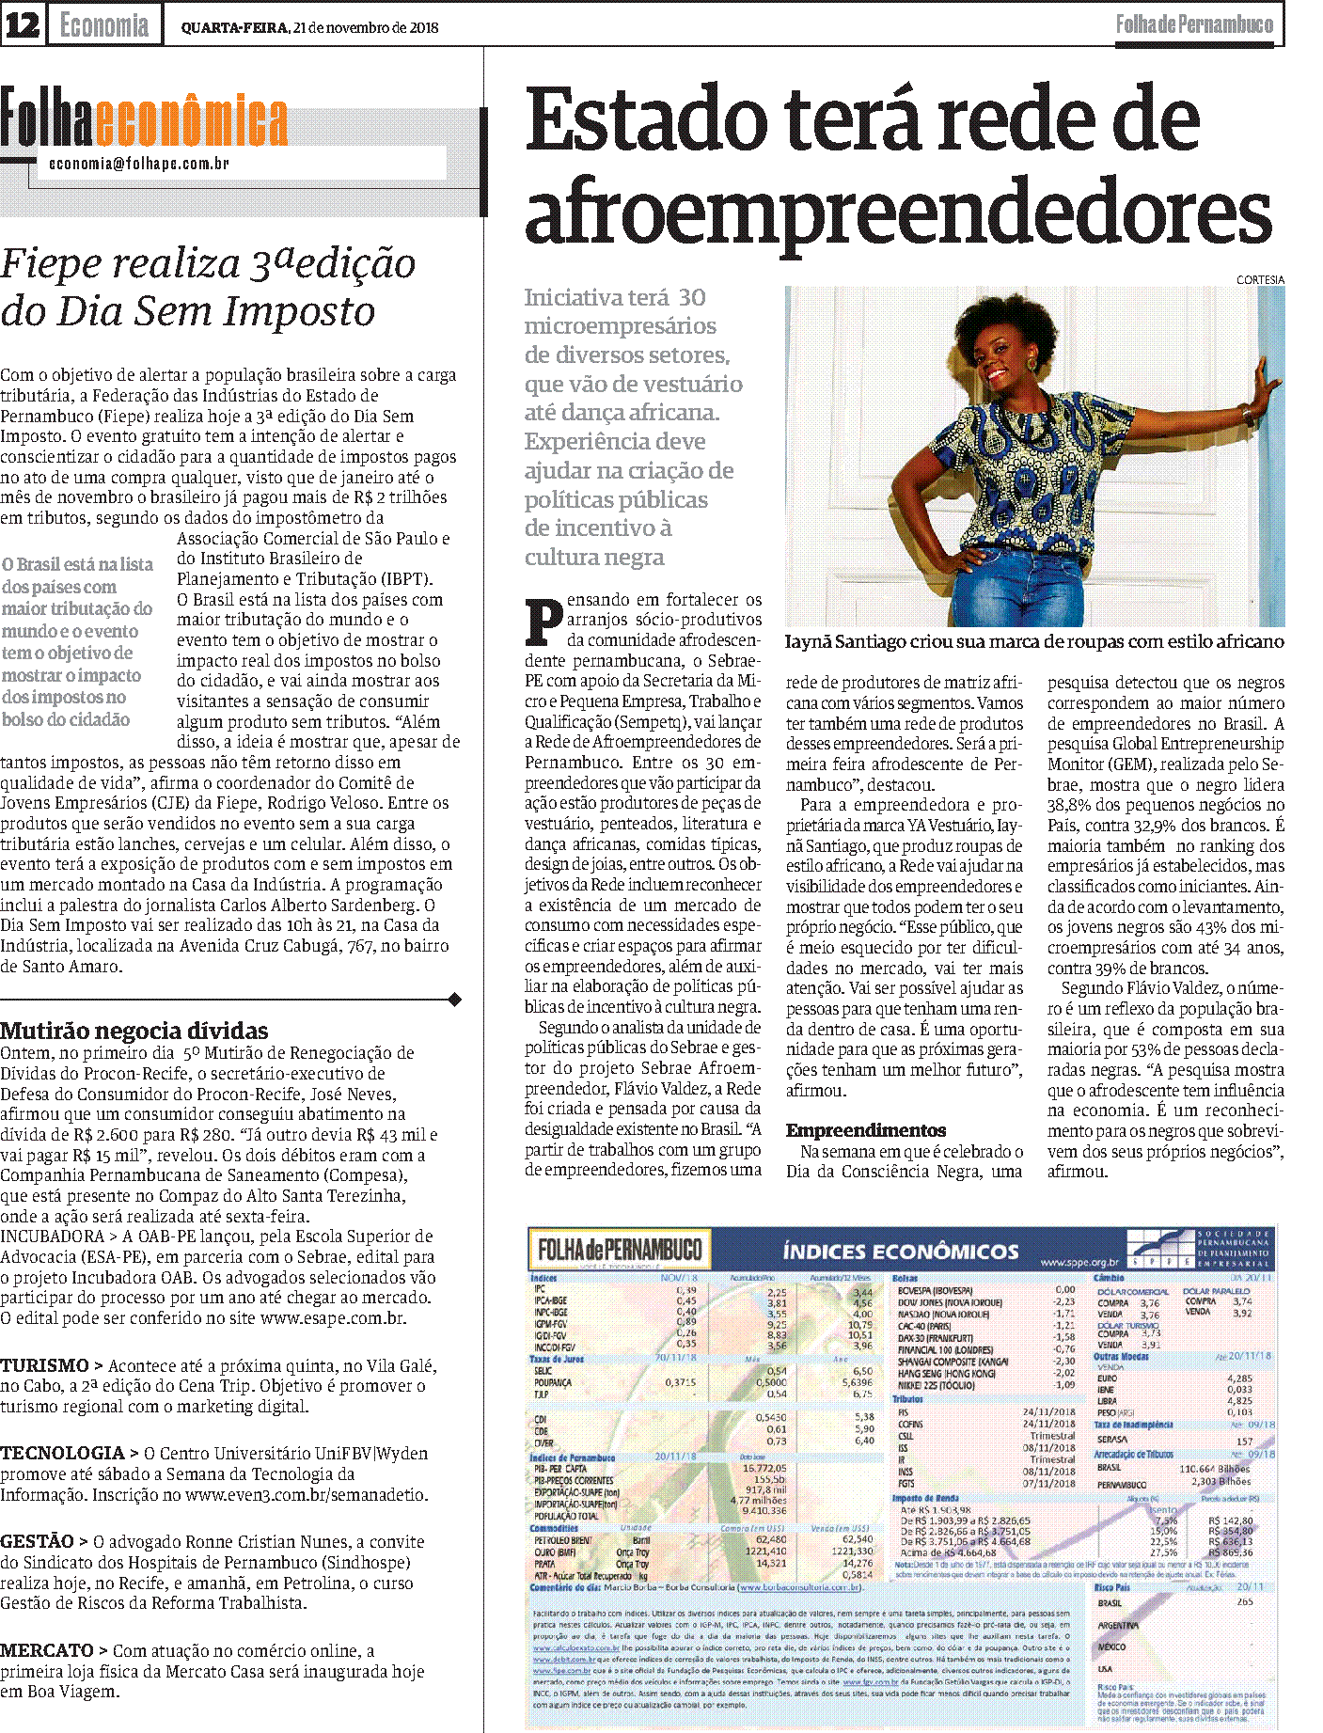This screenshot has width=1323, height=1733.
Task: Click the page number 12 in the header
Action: [23, 25]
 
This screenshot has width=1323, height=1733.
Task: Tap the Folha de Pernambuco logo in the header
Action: [1194, 25]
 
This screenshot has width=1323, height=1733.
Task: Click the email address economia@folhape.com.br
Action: [139, 164]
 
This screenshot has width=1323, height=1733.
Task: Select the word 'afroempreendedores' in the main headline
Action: [898, 212]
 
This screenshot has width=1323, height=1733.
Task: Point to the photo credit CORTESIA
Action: [1260, 280]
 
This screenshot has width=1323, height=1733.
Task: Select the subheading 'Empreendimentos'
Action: [866, 1130]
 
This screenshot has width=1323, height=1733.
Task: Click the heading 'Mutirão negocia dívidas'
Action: [134, 1031]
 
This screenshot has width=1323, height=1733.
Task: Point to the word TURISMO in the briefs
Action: [44, 1365]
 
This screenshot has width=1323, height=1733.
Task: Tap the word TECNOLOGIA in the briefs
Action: [63, 1453]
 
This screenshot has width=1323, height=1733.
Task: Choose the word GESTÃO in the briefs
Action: [38, 1541]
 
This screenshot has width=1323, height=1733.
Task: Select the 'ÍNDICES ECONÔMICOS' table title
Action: [900, 1252]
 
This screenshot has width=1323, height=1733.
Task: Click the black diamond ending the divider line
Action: [455, 1000]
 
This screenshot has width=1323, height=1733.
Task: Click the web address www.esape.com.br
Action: [333, 1318]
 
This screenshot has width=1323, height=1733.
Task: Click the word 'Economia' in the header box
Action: [104, 25]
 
